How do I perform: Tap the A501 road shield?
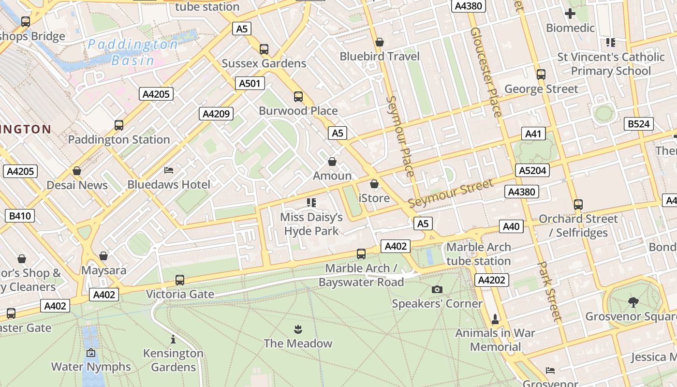[x=250, y=83]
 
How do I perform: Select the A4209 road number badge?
[x=216, y=114]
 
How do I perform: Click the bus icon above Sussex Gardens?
[x=264, y=49]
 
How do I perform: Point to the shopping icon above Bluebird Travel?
[x=380, y=42]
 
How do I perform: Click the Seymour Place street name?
[x=400, y=136]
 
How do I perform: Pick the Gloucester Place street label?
[x=486, y=73]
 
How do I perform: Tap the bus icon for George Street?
[x=541, y=74]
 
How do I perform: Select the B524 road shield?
[x=638, y=124]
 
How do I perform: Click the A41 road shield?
[x=534, y=134]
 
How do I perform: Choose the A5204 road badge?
[x=532, y=170]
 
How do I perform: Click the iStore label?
[x=374, y=198]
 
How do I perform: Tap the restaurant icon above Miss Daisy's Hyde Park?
[x=311, y=202]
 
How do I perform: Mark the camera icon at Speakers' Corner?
[x=437, y=289]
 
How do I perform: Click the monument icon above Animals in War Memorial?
[x=495, y=319]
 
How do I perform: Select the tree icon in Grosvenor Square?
[x=633, y=302]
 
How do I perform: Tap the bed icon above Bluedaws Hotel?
[x=169, y=170]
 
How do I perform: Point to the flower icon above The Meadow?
[x=298, y=329]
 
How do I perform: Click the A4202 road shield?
[x=492, y=280]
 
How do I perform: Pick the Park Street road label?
[x=551, y=292]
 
